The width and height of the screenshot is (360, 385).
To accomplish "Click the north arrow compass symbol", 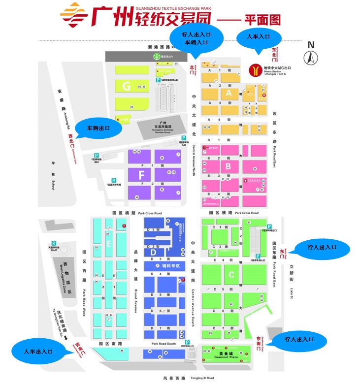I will click(311, 58).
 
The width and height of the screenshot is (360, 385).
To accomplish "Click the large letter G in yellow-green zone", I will click(127, 87).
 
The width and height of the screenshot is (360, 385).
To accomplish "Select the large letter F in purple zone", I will click(141, 175).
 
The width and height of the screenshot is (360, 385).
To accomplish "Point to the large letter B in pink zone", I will click(228, 166).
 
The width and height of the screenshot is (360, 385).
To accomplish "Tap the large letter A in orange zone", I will click(228, 92).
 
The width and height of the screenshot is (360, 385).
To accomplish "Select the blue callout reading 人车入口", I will click(259, 37).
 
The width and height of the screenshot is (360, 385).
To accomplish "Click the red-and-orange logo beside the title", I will click(74, 16).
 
